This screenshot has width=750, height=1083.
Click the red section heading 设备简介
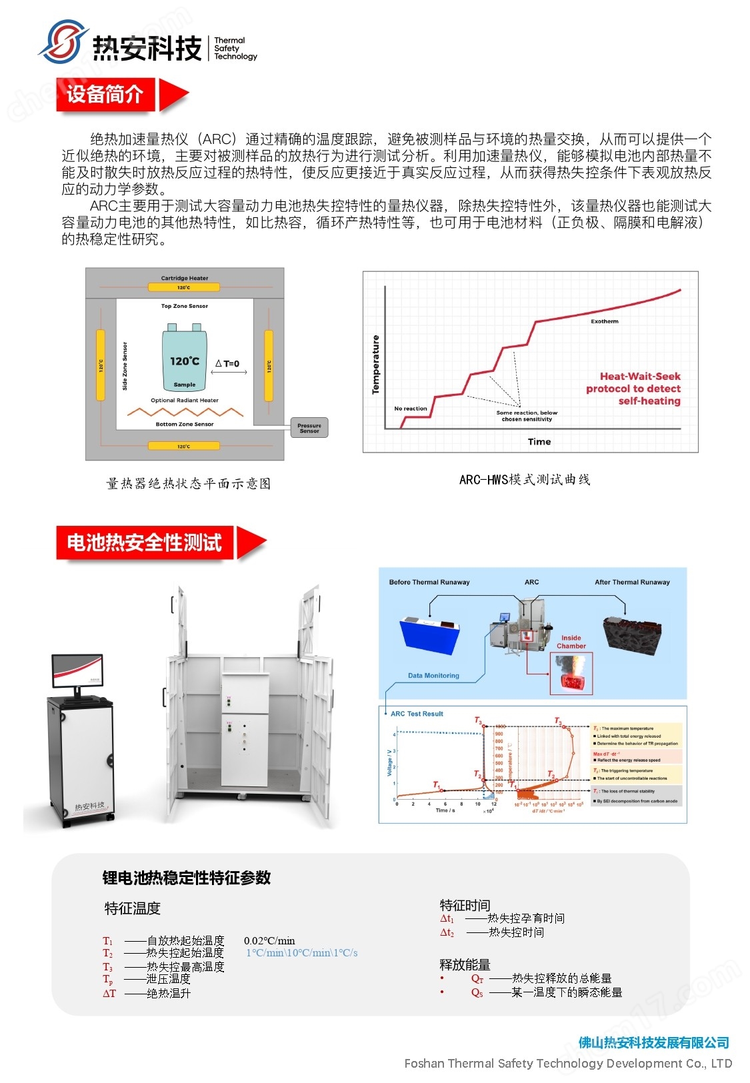pos(105,95)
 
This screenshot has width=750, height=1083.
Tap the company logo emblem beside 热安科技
pos(63,43)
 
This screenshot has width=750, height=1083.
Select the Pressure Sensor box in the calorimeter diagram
pos(309,428)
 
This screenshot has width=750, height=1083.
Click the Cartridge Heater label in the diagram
pos(185,278)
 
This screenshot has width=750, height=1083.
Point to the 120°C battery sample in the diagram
pos(185,359)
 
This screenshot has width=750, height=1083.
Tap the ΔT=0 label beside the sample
pos(227,364)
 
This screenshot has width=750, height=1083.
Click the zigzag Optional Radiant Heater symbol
pos(185,412)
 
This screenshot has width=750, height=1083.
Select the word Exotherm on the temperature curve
pos(604,321)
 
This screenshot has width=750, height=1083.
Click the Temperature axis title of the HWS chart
pos(375,364)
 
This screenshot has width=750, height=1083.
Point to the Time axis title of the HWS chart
pos(539,441)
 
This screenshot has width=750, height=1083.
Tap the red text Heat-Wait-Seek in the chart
pos(640,377)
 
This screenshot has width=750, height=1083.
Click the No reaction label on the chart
pos(411,408)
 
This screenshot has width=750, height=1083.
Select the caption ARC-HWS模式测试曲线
pos(525,479)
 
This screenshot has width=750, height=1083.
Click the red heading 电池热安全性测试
pos(145,542)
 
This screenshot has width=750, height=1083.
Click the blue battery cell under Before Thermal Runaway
pos(430,636)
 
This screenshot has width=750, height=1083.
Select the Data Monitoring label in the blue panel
pos(433,675)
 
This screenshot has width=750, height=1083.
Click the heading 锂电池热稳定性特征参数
pos(187,878)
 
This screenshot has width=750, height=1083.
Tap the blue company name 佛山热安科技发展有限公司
pos(653,1042)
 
